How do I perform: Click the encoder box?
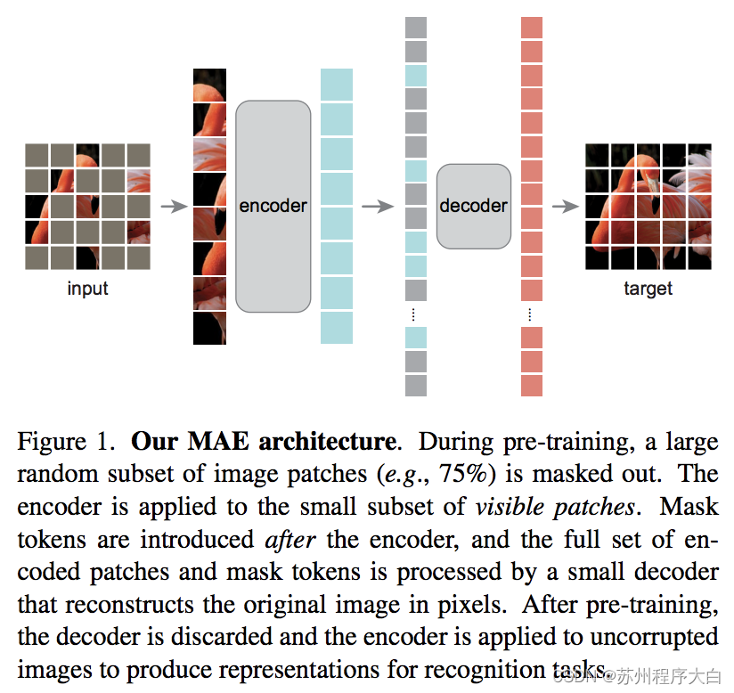tap(273, 206)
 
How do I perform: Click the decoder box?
tap(473, 206)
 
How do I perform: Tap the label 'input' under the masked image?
tap(87, 289)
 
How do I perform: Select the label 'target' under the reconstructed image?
tap(648, 289)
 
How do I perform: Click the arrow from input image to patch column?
tap(174, 207)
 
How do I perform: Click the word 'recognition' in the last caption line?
tap(436, 670)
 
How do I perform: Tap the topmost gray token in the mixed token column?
tap(416, 27)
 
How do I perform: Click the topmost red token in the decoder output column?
tap(532, 27)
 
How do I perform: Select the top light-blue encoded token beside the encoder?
tap(337, 85)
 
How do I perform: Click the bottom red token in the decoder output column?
tap(532, 386)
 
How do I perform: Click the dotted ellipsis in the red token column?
tap(531, 314)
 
